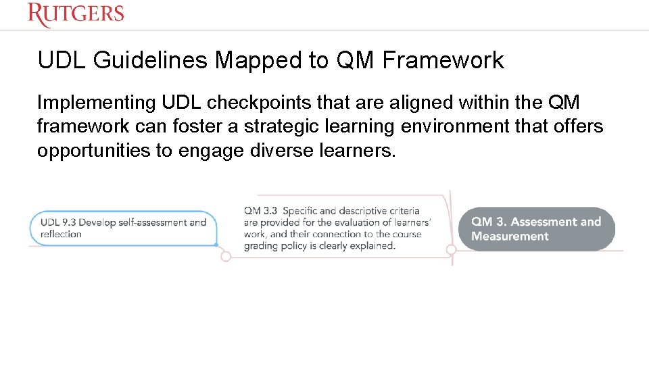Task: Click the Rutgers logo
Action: tap(76, 14)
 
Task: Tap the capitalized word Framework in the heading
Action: tap(443, 61)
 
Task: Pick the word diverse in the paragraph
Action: tap(281, 150)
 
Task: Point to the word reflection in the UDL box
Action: tap(61, 235)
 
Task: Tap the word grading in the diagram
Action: tap(260, 245)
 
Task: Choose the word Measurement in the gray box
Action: tap(510, 237)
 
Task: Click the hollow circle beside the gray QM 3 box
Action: tap(452, 250)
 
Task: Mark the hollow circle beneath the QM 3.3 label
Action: tap(226, 256)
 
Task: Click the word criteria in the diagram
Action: tap(406, 211)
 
